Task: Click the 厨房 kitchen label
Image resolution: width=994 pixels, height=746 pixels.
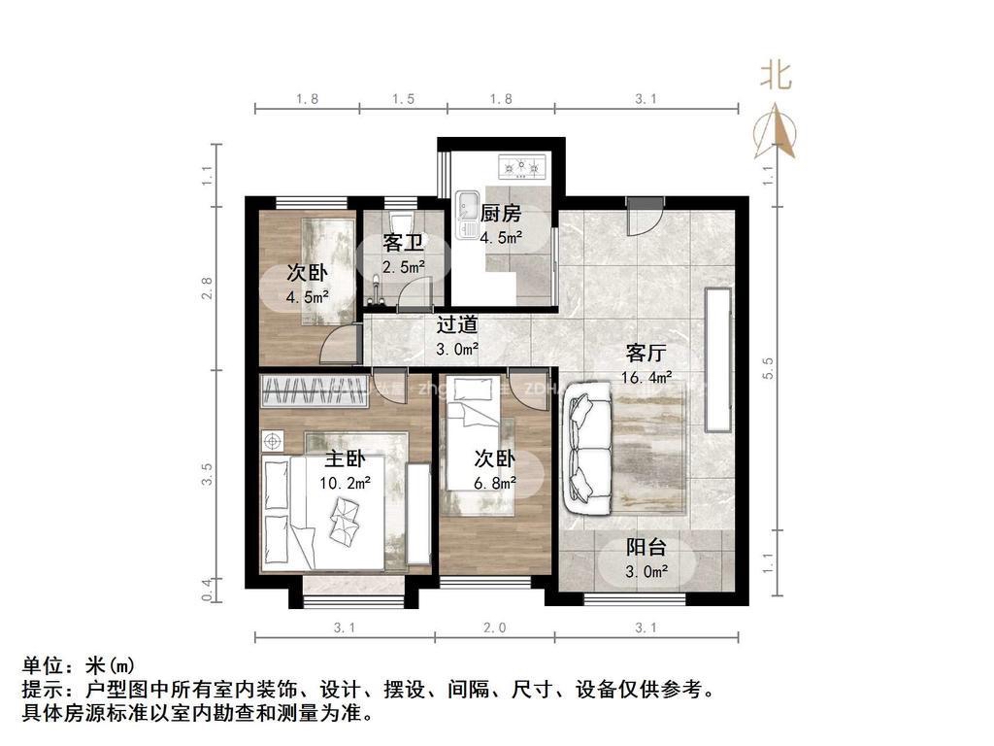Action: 501,214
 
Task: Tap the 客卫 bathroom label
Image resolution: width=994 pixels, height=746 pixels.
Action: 403,241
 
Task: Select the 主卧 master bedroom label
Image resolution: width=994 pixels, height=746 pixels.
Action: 344,459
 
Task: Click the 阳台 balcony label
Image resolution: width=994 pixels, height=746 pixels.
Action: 646,548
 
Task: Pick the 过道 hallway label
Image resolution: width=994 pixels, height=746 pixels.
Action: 456,325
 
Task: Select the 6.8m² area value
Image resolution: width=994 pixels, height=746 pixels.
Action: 494,483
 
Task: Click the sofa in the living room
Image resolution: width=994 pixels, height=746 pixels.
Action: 587,448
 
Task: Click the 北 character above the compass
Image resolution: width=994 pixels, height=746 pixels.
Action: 775,75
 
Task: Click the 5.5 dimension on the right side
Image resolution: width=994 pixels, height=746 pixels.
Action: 769,368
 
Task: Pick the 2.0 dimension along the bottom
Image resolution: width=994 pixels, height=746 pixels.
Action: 494,628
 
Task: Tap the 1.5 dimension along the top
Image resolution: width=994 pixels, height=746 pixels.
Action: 404,98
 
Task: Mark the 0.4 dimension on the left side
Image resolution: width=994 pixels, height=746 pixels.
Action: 207,589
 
